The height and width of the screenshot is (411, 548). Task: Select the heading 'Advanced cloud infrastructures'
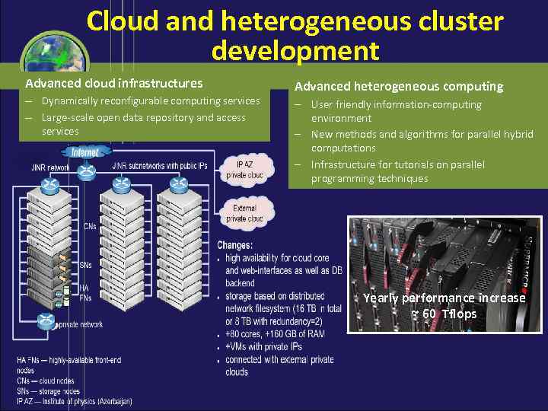click(x=114, y=83)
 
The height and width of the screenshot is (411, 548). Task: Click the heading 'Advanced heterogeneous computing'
click(x=399, y=87)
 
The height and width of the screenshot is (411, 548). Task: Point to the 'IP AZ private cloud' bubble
click(x=244, y=169)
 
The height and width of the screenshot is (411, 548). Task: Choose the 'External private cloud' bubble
click(x=244, y=213)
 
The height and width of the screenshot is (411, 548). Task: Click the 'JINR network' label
click(x=51, y=167)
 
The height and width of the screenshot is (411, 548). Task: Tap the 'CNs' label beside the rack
click(x=89, y=226)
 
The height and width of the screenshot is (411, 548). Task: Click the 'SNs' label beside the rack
click(x=86, y=265)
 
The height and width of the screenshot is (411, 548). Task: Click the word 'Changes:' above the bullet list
click(x=234, y=245)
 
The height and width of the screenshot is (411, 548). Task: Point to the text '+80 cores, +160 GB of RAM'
click(x=275, y=333)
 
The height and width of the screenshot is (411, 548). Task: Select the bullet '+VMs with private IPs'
click(x=264, y=346)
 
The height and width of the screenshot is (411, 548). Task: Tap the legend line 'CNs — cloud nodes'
click(x=46, y=381)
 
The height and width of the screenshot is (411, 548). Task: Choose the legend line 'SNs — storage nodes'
click(x=48, y=390)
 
